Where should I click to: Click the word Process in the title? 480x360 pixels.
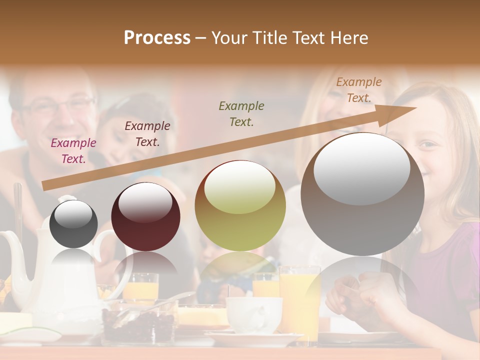(x=157, y=38)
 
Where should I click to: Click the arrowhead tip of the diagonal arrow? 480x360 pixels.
(x=415, y=107)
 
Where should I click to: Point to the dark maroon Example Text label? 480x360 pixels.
(x=147, y=133)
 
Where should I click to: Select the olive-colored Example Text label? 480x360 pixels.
(x=241, y=113)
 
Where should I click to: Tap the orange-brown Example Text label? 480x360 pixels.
(x=358, y=90)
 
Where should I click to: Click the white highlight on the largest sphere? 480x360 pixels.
(x=362, y=169)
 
